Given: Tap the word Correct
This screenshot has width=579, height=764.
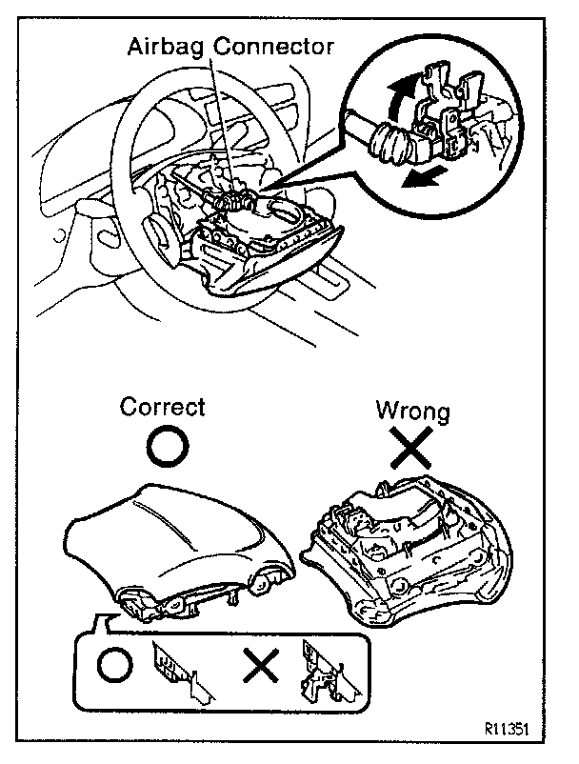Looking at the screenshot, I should [162, 407].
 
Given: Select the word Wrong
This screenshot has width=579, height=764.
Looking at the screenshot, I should [410, 412].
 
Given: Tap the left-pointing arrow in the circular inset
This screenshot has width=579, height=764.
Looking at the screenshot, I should [420, 178].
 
